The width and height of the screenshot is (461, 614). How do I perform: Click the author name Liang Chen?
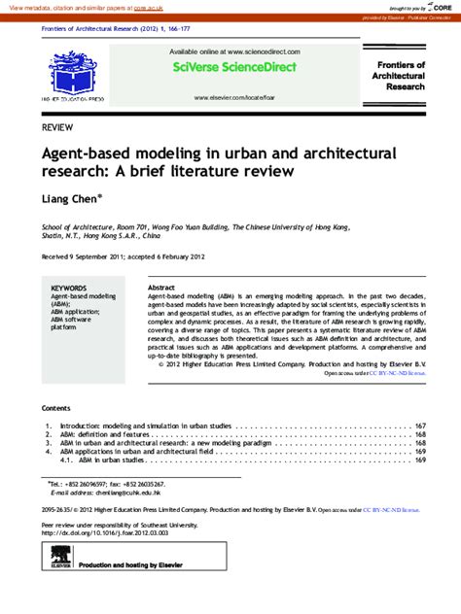point(68,200)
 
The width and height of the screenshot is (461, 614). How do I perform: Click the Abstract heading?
point(160,289)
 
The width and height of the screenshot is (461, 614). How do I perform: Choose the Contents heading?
point(56,408)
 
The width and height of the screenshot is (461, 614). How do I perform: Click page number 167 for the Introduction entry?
point(420,426)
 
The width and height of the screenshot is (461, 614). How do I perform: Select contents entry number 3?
point(49,443)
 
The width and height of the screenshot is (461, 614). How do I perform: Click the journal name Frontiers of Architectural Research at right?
point(400,75)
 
